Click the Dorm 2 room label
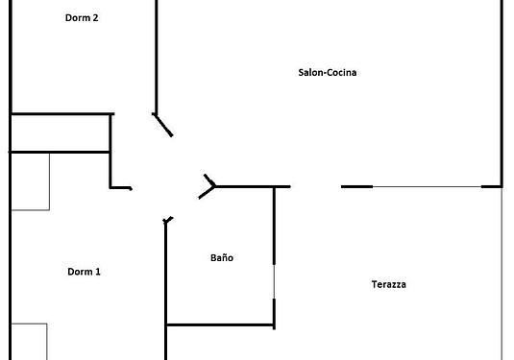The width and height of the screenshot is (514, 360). [x=82, y=17]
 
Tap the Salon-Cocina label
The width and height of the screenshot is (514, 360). [x=328, y=72]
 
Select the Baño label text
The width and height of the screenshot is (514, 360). [x=222, y=257]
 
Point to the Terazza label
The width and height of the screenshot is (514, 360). [x=388, y=284]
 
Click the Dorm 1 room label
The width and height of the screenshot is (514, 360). [x=84, y=272]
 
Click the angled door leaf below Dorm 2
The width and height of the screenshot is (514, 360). [x=162, y=125]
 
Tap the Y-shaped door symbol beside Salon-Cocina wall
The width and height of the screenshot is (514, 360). [x=208, y=186]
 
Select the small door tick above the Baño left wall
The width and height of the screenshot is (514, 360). [x=168, y=220]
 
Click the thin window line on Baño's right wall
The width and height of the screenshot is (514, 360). [x=274, y=281]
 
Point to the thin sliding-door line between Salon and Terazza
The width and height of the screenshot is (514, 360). [x=427, y=186]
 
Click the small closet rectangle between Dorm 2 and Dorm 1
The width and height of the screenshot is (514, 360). [x=61, y=133]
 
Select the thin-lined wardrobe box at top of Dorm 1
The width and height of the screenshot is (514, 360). [x=31, y=181]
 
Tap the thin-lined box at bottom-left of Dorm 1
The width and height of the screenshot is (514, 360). [x=29, y=342]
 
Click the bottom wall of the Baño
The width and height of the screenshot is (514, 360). [x=220, y=324]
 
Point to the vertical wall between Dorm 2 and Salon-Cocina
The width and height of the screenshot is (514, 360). [x=157, y=57]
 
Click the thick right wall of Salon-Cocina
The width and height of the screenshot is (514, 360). [x=502, y=93]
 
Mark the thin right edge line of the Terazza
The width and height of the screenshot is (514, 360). [x=502, y=274]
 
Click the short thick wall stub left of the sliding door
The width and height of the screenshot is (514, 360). [x=357, y=186]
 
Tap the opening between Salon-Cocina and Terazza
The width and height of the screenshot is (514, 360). [x=316, y=186]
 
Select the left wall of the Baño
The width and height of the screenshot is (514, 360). [x=165, y=290]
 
